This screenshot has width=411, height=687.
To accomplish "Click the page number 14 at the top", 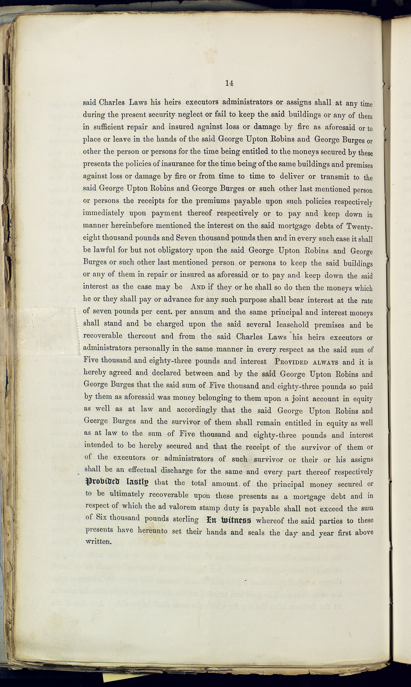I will [x=229, y=83].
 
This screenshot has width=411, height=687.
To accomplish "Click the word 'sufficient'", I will [x=107, y=127].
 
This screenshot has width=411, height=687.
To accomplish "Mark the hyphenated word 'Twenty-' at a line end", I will [x=359, y=227].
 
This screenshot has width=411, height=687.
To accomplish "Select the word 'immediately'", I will [x=104, y=213].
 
